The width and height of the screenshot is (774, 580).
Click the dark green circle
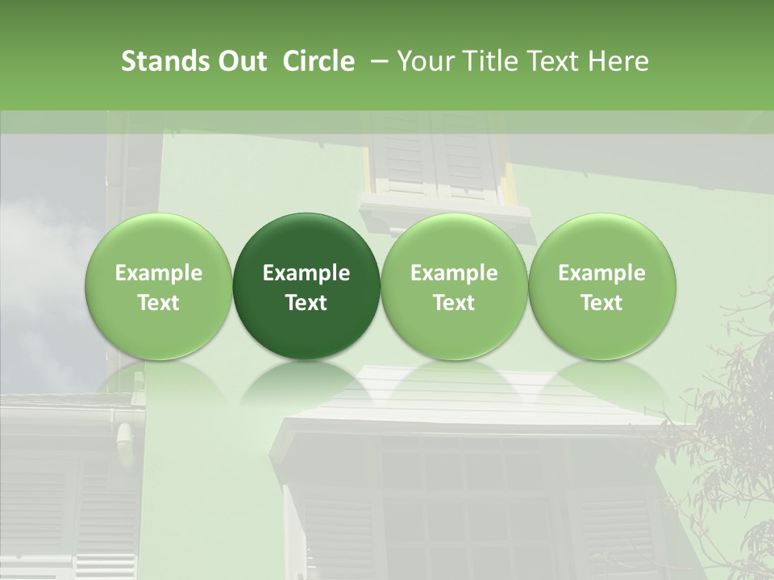(x=306, y=286)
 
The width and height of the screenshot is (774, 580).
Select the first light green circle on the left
(x=159, y=286)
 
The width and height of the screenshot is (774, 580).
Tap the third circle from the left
(x=454, y=286)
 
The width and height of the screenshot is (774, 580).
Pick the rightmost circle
(x=601, y=286)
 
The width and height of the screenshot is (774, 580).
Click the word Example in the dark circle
(x=306, y=273)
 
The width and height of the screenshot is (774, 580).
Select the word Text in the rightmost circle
(x=601, y=303)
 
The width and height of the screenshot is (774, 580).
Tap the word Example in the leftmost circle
(x=159, y=273)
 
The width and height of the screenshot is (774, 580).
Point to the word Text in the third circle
(x=454, y=303)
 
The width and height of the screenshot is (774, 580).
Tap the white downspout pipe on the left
(x=127, y=443)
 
